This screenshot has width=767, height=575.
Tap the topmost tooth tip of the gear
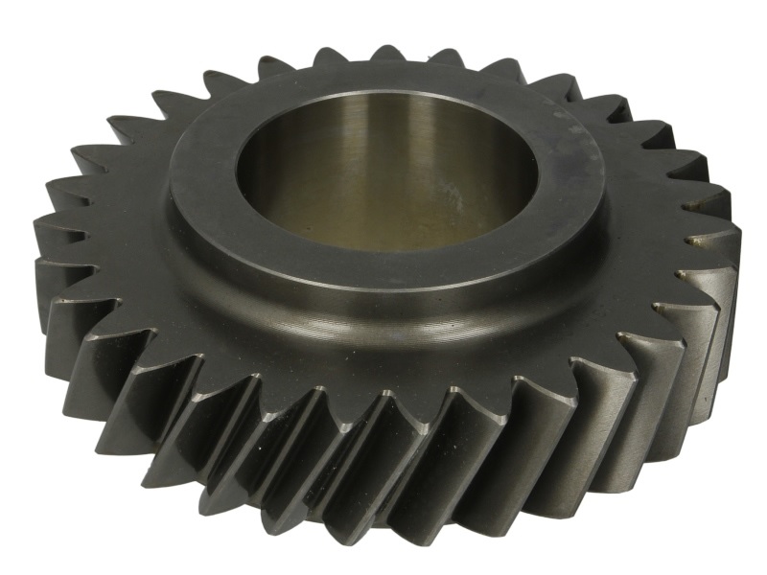(x=388, y=53)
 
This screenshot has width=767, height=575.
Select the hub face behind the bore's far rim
(x=383, y=81)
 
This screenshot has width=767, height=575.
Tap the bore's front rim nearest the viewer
(x=383, y=251)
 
